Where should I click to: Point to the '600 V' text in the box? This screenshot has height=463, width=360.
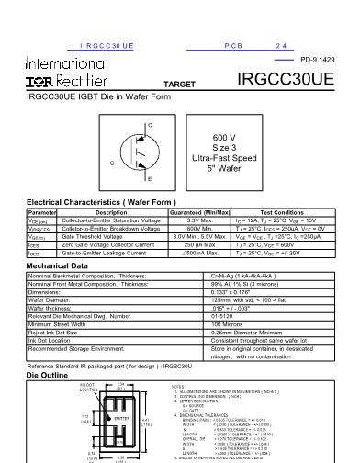pyautogui.click(x=251, y=137)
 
